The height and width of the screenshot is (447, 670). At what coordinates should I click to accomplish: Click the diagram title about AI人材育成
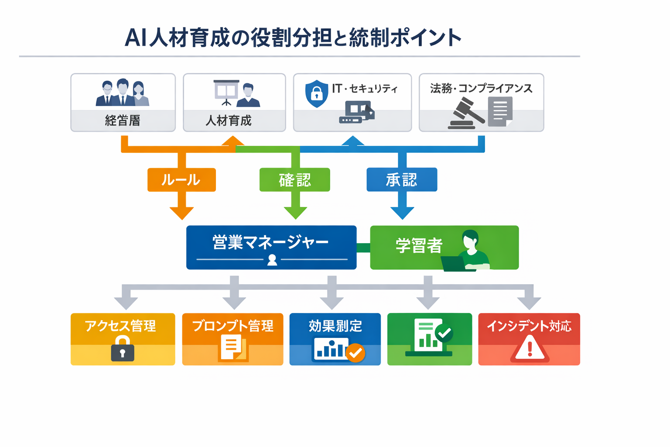pyautogui.click(x=293, y=38)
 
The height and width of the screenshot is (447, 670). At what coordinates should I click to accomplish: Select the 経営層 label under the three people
pyautogui.click(x=123, y=120)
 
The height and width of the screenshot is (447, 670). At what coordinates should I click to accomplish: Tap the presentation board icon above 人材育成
pyautogui.click(x=226, y=92)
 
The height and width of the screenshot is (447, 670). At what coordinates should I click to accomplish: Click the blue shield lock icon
pyautogui.click(x=317, y=93)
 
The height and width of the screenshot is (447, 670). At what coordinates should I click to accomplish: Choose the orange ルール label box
pyautogui.click(x=181, y=180)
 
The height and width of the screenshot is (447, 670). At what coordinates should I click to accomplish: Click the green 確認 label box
pyautogui.click(x=295, y=180)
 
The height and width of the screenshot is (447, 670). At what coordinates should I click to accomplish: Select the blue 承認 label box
pyautogui.click(x=402, y=180)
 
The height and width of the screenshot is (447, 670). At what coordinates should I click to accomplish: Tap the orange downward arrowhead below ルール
pyautogui.click(x=181, y=213)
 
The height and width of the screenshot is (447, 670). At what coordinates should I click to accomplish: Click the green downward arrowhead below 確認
pyautogui.click(x=295, y=213)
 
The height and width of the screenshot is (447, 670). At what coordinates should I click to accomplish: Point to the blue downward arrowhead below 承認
pyautogui.click(x=402, y=213)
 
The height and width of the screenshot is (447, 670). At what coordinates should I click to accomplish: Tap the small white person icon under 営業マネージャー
pyautogui.click(x=272, y=260)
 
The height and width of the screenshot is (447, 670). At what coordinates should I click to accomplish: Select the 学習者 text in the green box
pyautogui.click(x=419, y=246)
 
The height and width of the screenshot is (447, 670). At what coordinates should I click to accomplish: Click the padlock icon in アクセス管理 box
pyautogui.click(x=123, y=349)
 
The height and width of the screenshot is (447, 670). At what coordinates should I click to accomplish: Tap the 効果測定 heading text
pyautogui.click(x=335, y=326)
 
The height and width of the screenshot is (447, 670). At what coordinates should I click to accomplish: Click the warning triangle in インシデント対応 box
pyautogui.click(x=530, y=349)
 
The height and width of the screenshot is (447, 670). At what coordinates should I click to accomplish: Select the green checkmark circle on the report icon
pyautogui.click(x=444, y=334)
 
